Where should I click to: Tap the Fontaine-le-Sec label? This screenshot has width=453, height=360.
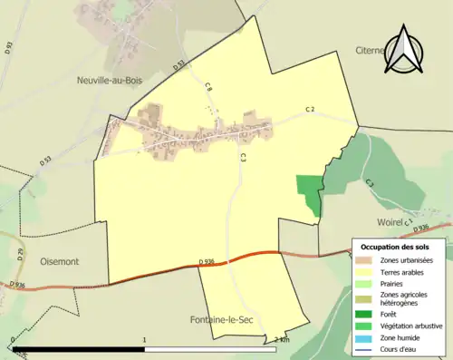coord(224,320)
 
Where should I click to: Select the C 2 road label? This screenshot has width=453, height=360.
coord(309,110)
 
